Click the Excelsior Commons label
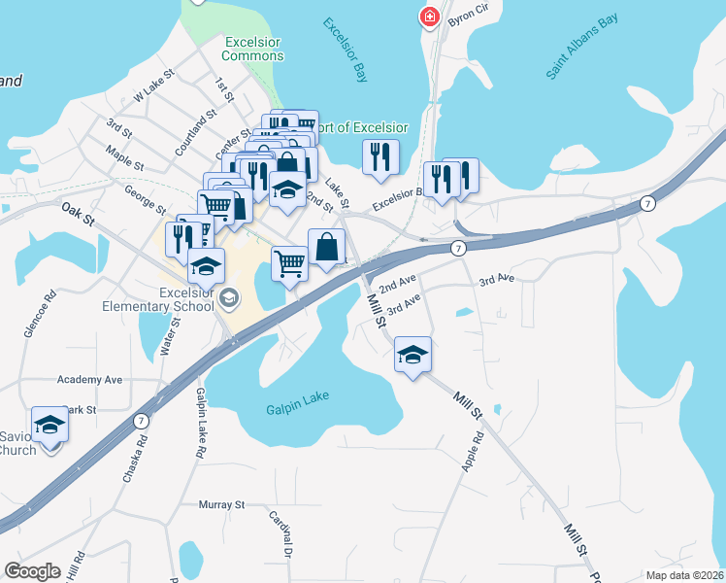click(x=253, y=49)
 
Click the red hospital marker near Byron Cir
click(x=427, y=17)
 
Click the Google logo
click(x=32, y=571)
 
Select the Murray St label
click(x=221, y=505)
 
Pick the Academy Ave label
click(x=90, y=379)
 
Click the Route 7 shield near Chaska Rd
click(x=141, y=420)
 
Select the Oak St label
click(x=78, y=214)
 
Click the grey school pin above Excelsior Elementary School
click(x=229, y=297)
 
